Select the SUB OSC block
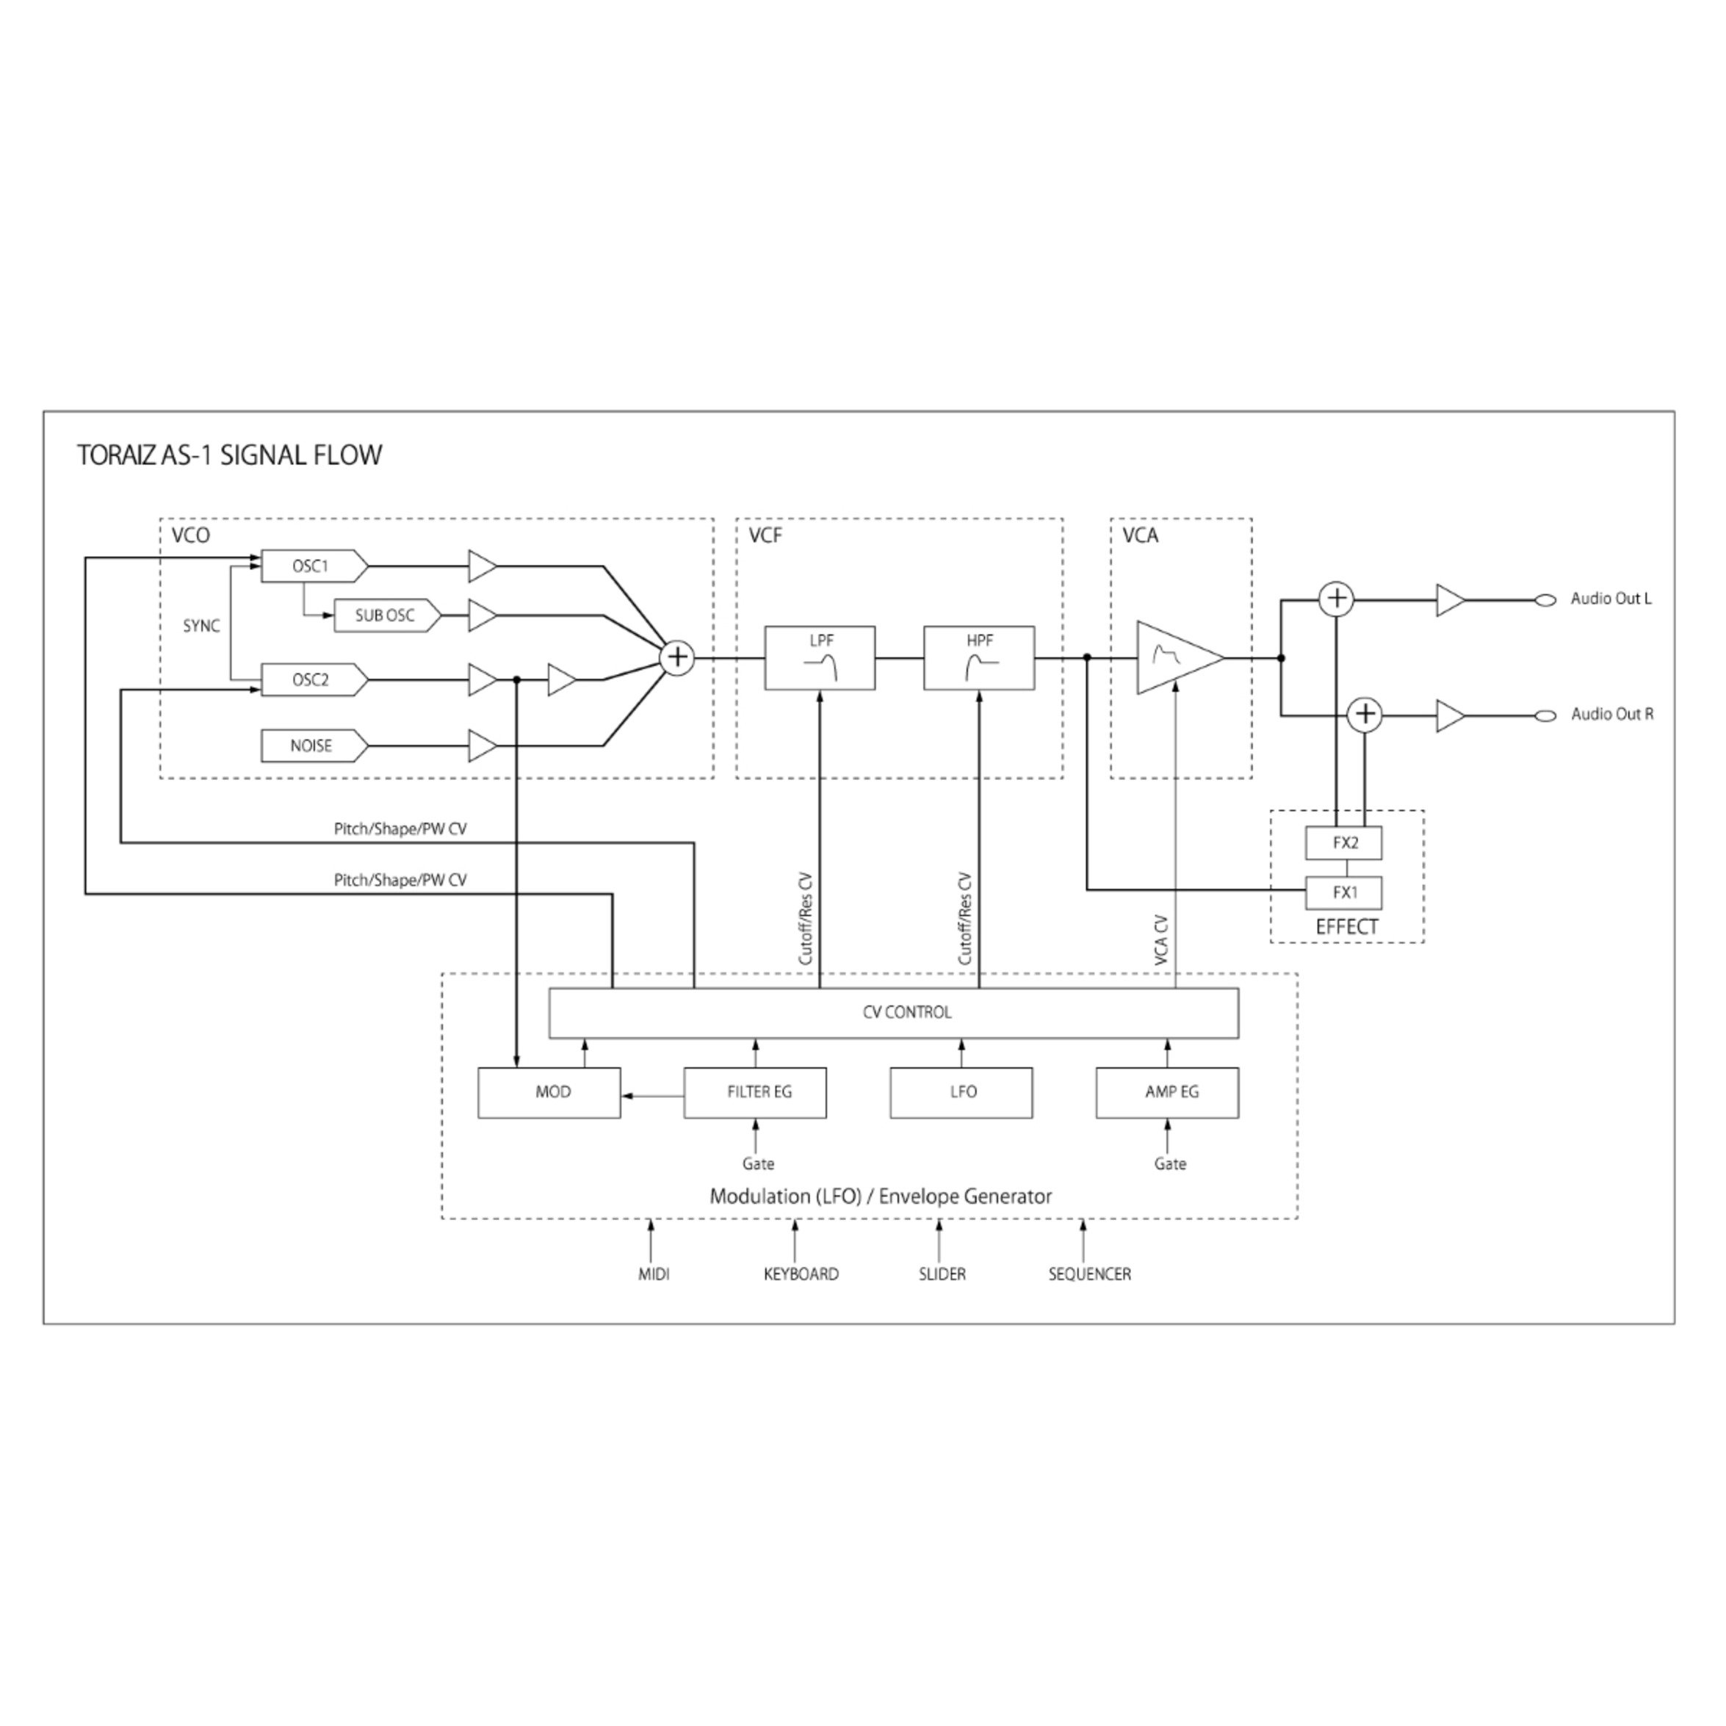tap(388, 615)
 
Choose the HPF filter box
tap(979, 658)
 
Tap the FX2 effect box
tap(1343, 842)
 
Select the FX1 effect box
tap(1343, 892)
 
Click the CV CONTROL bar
tap(893, 1013)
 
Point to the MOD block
tap(549, 1093)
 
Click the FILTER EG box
tap(756, 1093)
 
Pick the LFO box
tap(961, 1093)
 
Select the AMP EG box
tap(1168, 1093)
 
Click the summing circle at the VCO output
tap(677, 658)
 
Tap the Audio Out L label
tap(1611, 599)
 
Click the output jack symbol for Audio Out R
tap(1545, 715)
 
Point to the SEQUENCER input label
tap(1090, 1275)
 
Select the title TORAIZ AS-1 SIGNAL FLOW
tap(230, 455)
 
